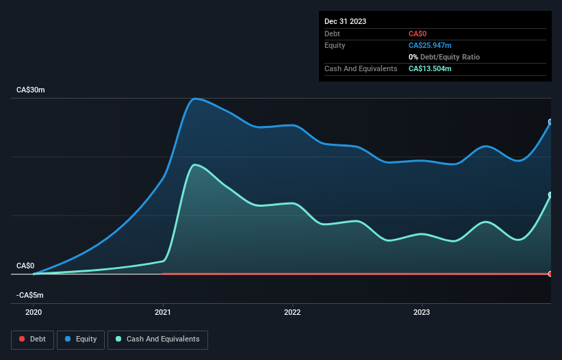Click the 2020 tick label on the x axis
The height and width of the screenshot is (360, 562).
[x=34, y=312]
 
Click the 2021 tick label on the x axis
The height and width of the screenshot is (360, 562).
[x=163, y=312]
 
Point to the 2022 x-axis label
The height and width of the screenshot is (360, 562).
[x=292, y=312]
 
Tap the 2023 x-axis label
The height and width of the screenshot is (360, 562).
[x=422, y=312]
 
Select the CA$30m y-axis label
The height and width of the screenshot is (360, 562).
[x=30, y=90]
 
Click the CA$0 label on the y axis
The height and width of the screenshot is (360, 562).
[x=25, y=266]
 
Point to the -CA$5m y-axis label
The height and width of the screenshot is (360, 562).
[x=29, y=296]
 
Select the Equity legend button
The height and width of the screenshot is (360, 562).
[x=81, y=339]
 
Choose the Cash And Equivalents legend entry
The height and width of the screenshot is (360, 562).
[x=157, y=339]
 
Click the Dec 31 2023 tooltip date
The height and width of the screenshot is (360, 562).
[x=345, y=21]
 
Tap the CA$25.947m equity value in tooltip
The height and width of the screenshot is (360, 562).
[x=430, y=45]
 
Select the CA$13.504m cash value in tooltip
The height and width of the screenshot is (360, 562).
[x=430, y=68]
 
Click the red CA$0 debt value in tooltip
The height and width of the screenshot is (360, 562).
[x=418, y=34]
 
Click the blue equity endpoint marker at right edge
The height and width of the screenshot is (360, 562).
[x=550, y=122]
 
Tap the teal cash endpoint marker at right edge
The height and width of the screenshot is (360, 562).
[x=550, y=195]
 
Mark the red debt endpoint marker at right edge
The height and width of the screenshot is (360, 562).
[x=550, y=274]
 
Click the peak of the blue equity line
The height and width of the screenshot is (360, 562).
[x=196, y=99]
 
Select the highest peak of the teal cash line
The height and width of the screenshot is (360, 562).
[x=196, y=165]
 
